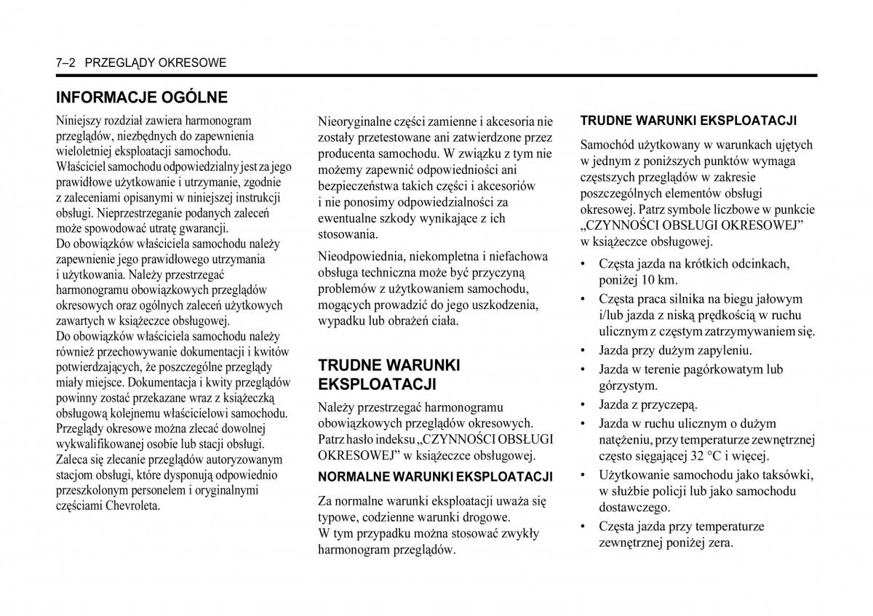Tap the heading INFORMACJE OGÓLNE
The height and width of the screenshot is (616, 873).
click(x=142, y=97)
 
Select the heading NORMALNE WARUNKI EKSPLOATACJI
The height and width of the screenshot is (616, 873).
click(x=435, y=477)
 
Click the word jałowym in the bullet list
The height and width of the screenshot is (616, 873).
click(x=779, y=299)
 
